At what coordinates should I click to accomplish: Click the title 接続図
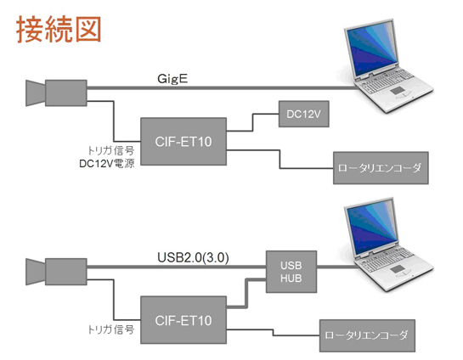pos(59,30)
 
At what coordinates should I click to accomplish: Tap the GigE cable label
pos(172,79)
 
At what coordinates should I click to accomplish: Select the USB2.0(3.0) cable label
pos(193,257)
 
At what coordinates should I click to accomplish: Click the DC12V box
pos(304,114)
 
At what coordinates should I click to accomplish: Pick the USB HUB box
pos(291,272)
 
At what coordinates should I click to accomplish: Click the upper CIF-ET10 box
pos(184,141)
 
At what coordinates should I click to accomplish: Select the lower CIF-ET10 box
pos(184,320)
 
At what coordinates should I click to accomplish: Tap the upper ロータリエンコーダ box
pos(381,168)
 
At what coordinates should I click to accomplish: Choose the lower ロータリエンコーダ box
pos(367,335)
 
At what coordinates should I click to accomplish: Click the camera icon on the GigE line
pos(56,93)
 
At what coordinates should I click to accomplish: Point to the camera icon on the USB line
pos(56,272)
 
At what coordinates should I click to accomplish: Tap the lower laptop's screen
pos(373,228)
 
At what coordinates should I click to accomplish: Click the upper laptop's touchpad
pos(399,91)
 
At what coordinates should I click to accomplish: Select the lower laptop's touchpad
pos(399,269)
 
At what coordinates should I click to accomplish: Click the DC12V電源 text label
pos(107,164)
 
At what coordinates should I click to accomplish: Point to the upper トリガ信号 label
pos(111,151)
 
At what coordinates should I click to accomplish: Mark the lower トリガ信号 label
pos(111,329)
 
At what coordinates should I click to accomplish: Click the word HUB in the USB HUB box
pos(291,278)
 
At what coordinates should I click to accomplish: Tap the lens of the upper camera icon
pos(35,93)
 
